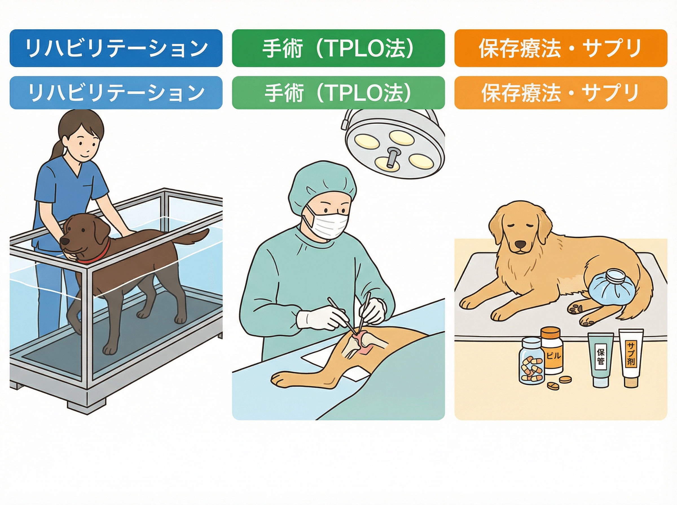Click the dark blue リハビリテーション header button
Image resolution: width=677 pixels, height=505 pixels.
pyautogui.click(x=116, y=48)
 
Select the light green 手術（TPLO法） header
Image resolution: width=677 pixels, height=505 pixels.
pyautogui.click(x=338, y=93)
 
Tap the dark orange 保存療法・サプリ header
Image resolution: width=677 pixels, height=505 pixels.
pyautogui.click(x=561, y=48)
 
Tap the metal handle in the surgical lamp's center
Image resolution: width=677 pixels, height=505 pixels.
pyautogui.click(x=391, y=158)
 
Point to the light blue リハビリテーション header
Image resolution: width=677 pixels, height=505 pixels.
pyautogui.click(x=116, y=93)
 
